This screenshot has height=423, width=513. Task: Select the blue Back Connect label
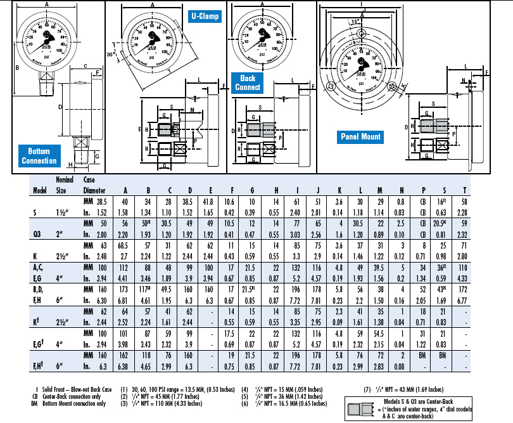click(247, 82)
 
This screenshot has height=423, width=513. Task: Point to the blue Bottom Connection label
click(39, 156)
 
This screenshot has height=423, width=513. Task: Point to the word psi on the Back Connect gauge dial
click(260, 53)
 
